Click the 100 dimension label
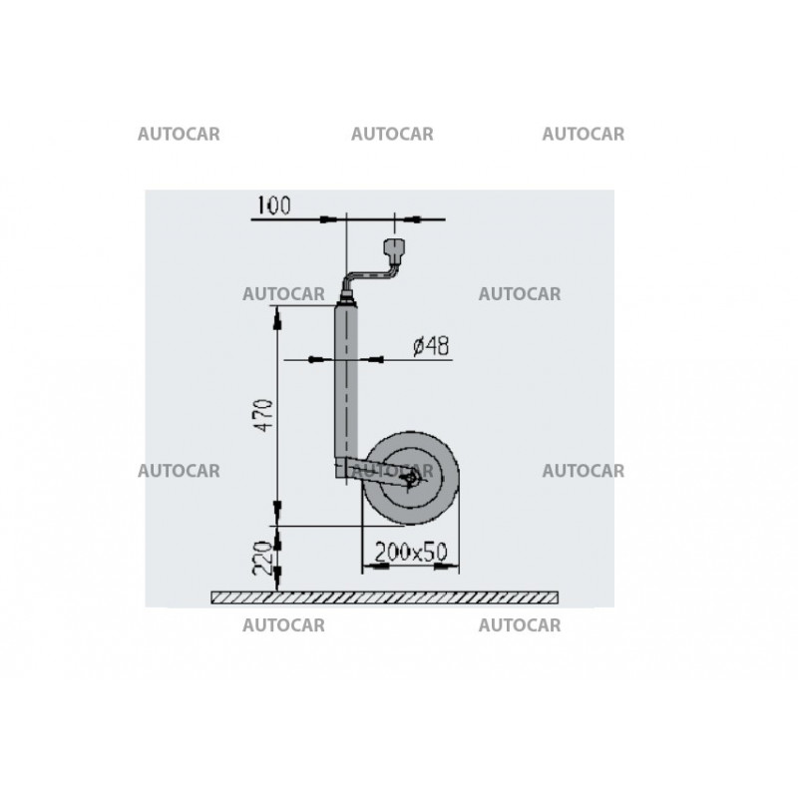pos(274,205)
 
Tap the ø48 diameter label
pos(431,346)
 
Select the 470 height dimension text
pos(264,416)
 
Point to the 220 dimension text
pos(263,558)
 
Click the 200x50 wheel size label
pos(411,552)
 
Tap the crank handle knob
pos(393,248)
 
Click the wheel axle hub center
pos(411,479)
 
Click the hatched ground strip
pos(385,598)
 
